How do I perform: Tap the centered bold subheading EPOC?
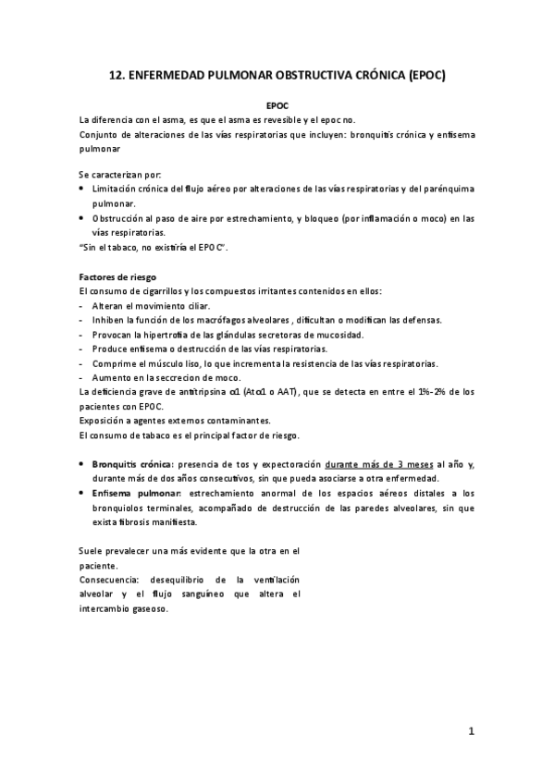coord(277,106)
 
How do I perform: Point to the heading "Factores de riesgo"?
coord(117,277)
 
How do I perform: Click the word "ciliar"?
coord(195,306)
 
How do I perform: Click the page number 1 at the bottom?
coord(471,732)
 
